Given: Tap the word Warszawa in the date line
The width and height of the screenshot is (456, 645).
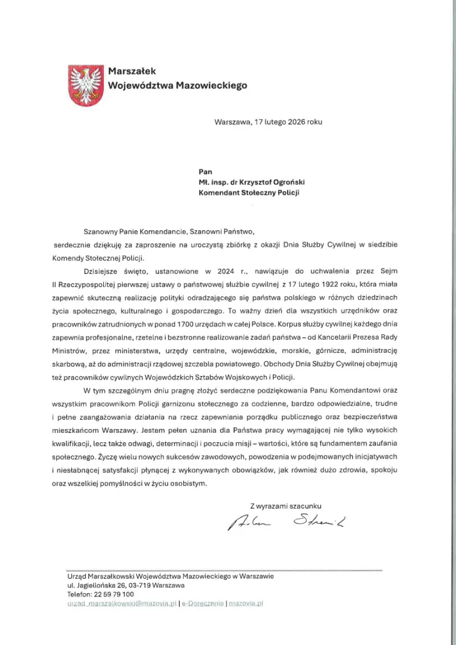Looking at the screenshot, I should (231, 121).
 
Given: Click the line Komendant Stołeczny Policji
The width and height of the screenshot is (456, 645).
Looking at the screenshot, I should (248, 193).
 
